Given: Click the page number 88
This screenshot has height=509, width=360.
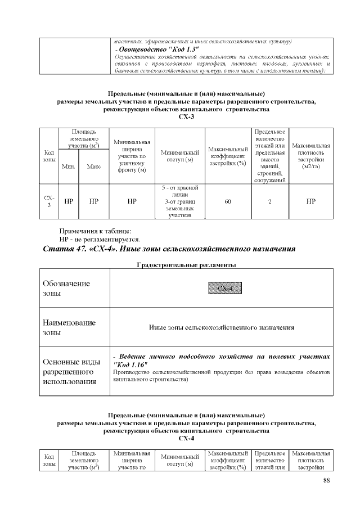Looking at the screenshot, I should [327, 480].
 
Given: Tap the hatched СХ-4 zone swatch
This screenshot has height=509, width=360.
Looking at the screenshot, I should [226, 289].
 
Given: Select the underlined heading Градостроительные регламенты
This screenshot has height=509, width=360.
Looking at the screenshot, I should [186, 264].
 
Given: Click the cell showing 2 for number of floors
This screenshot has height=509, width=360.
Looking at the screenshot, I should [270, 201].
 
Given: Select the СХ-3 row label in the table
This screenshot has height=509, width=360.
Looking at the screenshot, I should [49, 201].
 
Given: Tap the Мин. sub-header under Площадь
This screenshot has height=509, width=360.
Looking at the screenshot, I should [69, 166].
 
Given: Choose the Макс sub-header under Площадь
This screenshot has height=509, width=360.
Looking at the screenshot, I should [94, 166].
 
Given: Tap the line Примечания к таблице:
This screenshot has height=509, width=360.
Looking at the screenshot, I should [95, 231].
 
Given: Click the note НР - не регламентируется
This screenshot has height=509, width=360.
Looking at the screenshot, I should [99, 239].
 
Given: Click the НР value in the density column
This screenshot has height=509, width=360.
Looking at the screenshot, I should [311, 201].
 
